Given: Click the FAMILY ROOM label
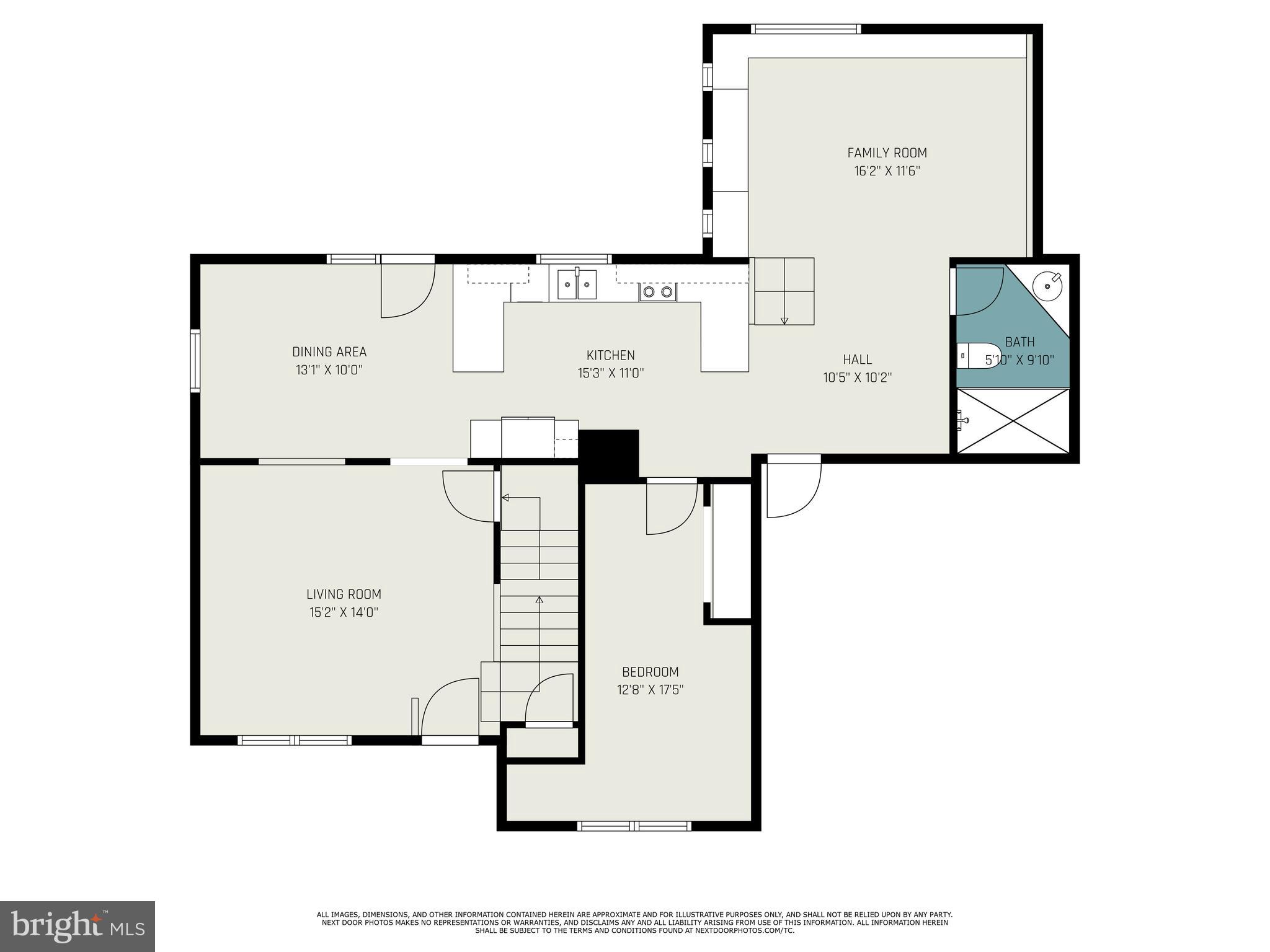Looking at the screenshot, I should pos(887,152).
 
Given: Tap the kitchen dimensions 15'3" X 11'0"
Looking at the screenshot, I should pos(610,373).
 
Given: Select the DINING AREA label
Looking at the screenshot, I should pos(329,352).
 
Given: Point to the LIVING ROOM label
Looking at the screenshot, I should pos(344,594).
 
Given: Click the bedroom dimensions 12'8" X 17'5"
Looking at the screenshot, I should pos(650,690).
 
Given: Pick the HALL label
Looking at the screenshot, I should pos(857,359).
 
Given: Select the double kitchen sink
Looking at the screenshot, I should pos(577,285).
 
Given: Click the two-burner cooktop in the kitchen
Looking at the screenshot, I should pos(658,291).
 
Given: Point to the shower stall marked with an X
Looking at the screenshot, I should pos(1013,420).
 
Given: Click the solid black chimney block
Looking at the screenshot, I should pos(608,454).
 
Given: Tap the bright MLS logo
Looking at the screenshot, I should pos(78,926).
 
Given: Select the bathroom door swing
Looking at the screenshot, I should pos(979,291).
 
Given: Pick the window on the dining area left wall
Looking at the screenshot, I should pos(195,361).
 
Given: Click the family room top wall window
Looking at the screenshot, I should pos(806,29).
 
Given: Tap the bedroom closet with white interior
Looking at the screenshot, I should pos(732,550).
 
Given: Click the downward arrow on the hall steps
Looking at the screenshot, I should pos(784,319).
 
